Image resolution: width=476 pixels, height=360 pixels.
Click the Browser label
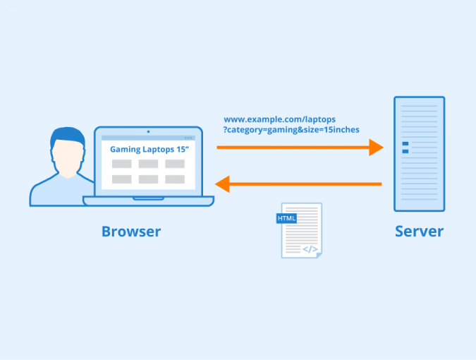click(x=131, y=231)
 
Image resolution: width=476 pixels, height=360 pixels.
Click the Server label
click(x=419, y=231)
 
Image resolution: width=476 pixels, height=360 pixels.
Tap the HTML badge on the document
click(x=287, y=219)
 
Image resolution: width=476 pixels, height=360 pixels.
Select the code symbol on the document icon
click(x=310, y=249)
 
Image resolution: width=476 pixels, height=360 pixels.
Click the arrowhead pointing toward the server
click(x=376, y=148)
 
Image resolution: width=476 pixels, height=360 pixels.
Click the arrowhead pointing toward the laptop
click(x=223, y=184)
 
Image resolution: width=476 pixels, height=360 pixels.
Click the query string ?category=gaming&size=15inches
click(x=291, y=130)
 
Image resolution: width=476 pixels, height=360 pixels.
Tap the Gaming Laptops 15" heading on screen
click(x=148, y=150)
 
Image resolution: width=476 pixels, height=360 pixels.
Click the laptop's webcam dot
click(x=148, y=131)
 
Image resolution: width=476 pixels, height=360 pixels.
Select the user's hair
click(x=67, y=136)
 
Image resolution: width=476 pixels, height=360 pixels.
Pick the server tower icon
click(x=419, y=154)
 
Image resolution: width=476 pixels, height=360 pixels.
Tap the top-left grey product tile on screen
click(x=122, y=164)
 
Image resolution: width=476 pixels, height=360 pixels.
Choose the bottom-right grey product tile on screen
click(x=175, y=179)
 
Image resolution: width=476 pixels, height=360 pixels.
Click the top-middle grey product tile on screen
click(x=148, y=164)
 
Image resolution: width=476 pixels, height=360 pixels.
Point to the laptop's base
click(x=148, y=201)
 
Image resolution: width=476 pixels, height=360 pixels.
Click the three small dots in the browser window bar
click(x=188, y=138)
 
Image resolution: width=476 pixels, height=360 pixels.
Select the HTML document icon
click(x=301, y=230)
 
